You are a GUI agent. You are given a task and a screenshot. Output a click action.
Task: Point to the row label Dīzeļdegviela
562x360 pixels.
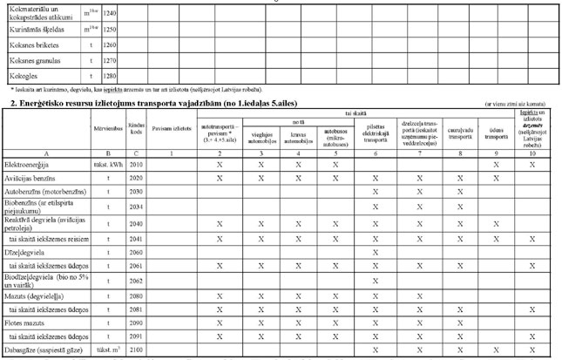[x=27, y=252]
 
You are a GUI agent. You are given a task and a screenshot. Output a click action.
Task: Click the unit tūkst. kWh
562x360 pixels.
[x=106, y=163]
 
